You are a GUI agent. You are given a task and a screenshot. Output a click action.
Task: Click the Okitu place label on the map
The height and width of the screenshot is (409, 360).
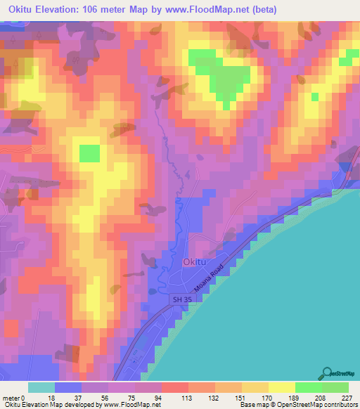pos(195,261)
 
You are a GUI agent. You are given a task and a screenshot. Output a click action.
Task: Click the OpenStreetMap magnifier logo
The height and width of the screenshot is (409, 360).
pos(328,375)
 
